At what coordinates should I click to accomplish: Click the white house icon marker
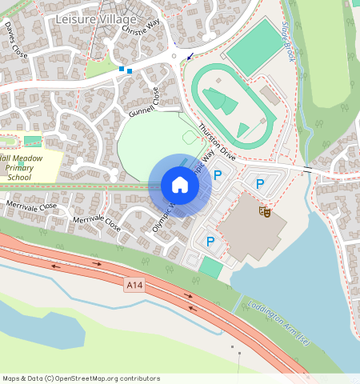(x=180, y=186)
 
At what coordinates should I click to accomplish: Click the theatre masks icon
(x=263, y=211)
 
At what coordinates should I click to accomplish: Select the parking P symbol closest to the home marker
(x=217, y=174)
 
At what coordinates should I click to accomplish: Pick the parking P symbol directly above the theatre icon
(x=259, y=184)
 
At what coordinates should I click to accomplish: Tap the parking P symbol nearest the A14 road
(x=210, y=241)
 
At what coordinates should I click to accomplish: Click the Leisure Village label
(x=96, y=18)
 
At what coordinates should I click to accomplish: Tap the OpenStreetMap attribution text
(x=80, y=378)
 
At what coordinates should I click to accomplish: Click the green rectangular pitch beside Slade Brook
(x=254, y=48)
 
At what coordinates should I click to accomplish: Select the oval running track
(x=232, y=104)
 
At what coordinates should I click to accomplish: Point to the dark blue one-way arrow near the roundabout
(x=190, y=56)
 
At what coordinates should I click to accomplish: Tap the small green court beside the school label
(x=32, y=141)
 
